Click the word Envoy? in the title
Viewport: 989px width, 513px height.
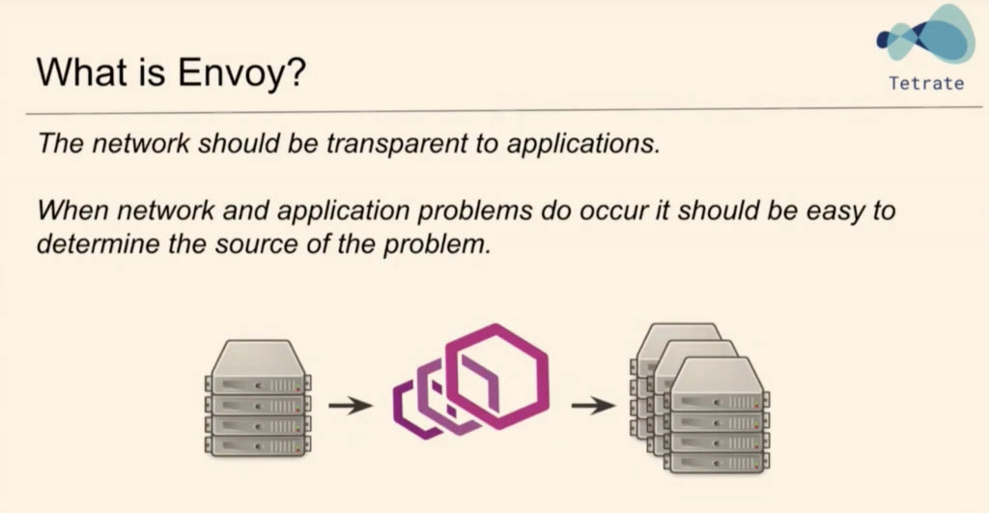coord(241,71)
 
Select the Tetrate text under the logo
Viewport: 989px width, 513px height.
coord(926,83)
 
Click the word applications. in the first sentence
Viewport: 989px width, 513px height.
coord(583,144)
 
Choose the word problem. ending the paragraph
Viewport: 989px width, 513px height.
coord(437,244)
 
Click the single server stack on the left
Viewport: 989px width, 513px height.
coord(258,398)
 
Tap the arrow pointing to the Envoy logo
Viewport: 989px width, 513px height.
coord(351,406)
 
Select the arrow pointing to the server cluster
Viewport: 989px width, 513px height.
coord(594,406)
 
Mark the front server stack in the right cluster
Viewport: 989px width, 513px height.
coord(717,414)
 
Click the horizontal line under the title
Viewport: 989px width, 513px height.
coord(504,111)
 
